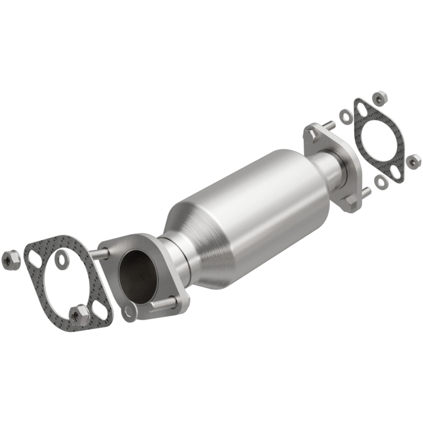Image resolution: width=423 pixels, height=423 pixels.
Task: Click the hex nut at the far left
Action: [11, 259]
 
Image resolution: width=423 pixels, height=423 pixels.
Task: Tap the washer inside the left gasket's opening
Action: [63, 259]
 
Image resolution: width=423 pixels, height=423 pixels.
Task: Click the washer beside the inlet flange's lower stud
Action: [129, 312]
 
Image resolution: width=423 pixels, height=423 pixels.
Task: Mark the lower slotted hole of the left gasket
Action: [99, 312]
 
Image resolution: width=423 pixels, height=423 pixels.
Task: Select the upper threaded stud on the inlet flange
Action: [99, 254]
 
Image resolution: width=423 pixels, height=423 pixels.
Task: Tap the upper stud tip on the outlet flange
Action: [329, 126]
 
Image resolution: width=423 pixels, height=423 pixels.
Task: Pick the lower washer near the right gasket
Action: [380, 181]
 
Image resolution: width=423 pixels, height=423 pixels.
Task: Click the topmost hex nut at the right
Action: [379, 97]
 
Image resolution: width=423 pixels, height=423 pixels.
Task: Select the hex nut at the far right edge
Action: [413, 160]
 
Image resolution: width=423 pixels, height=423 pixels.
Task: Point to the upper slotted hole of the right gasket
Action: [361, 109]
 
